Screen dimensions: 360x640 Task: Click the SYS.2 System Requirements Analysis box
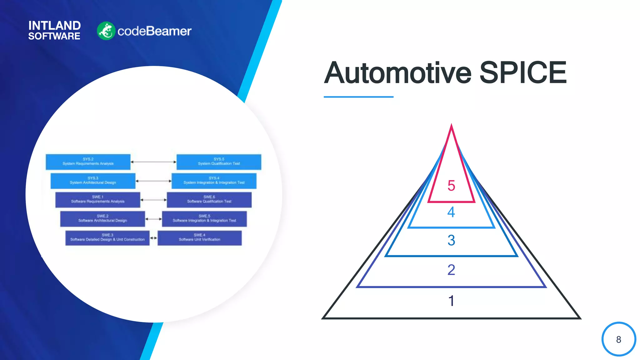[88, 162]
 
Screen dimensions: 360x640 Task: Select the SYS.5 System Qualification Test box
[219, 162]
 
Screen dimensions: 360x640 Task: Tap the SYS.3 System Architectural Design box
[93, 181]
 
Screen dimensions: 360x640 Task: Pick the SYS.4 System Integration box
[214, 181]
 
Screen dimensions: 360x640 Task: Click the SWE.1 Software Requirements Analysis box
[97, 200]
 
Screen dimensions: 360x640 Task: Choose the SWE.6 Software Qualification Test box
[209, 200]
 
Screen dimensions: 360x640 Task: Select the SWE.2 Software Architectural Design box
[102, 219]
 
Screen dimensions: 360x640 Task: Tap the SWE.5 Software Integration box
[204, 219]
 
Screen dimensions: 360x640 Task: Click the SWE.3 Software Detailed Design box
[107, 238]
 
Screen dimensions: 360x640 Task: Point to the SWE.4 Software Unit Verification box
[199, 238]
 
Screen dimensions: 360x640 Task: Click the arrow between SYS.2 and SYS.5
[153, 162]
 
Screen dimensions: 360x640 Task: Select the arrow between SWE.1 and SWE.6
[153, 200]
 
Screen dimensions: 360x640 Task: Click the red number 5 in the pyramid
[451, 186]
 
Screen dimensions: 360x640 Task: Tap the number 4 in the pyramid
[451, 212]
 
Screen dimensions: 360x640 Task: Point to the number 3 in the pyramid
[451, 240]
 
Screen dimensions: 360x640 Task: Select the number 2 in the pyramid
[451, 270]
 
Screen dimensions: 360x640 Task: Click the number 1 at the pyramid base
[451, 301]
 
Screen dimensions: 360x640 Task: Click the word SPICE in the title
[523, 73]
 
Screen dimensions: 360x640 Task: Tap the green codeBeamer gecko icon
[106, 31]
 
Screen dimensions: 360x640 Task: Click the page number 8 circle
[618, 339]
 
